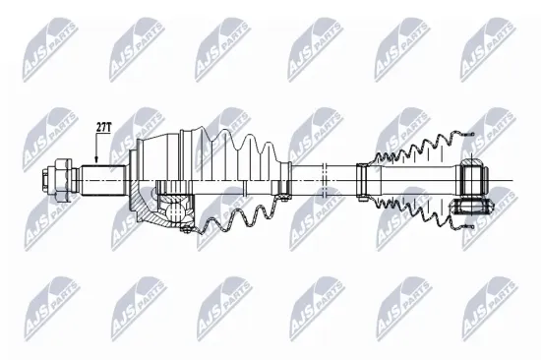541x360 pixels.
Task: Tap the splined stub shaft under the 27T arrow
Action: (98, 179)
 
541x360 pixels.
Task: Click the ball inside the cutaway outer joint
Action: (178, 208)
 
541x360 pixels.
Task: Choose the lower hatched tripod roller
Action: (475, 207)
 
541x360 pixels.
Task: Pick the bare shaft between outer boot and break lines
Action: (300, 178)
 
